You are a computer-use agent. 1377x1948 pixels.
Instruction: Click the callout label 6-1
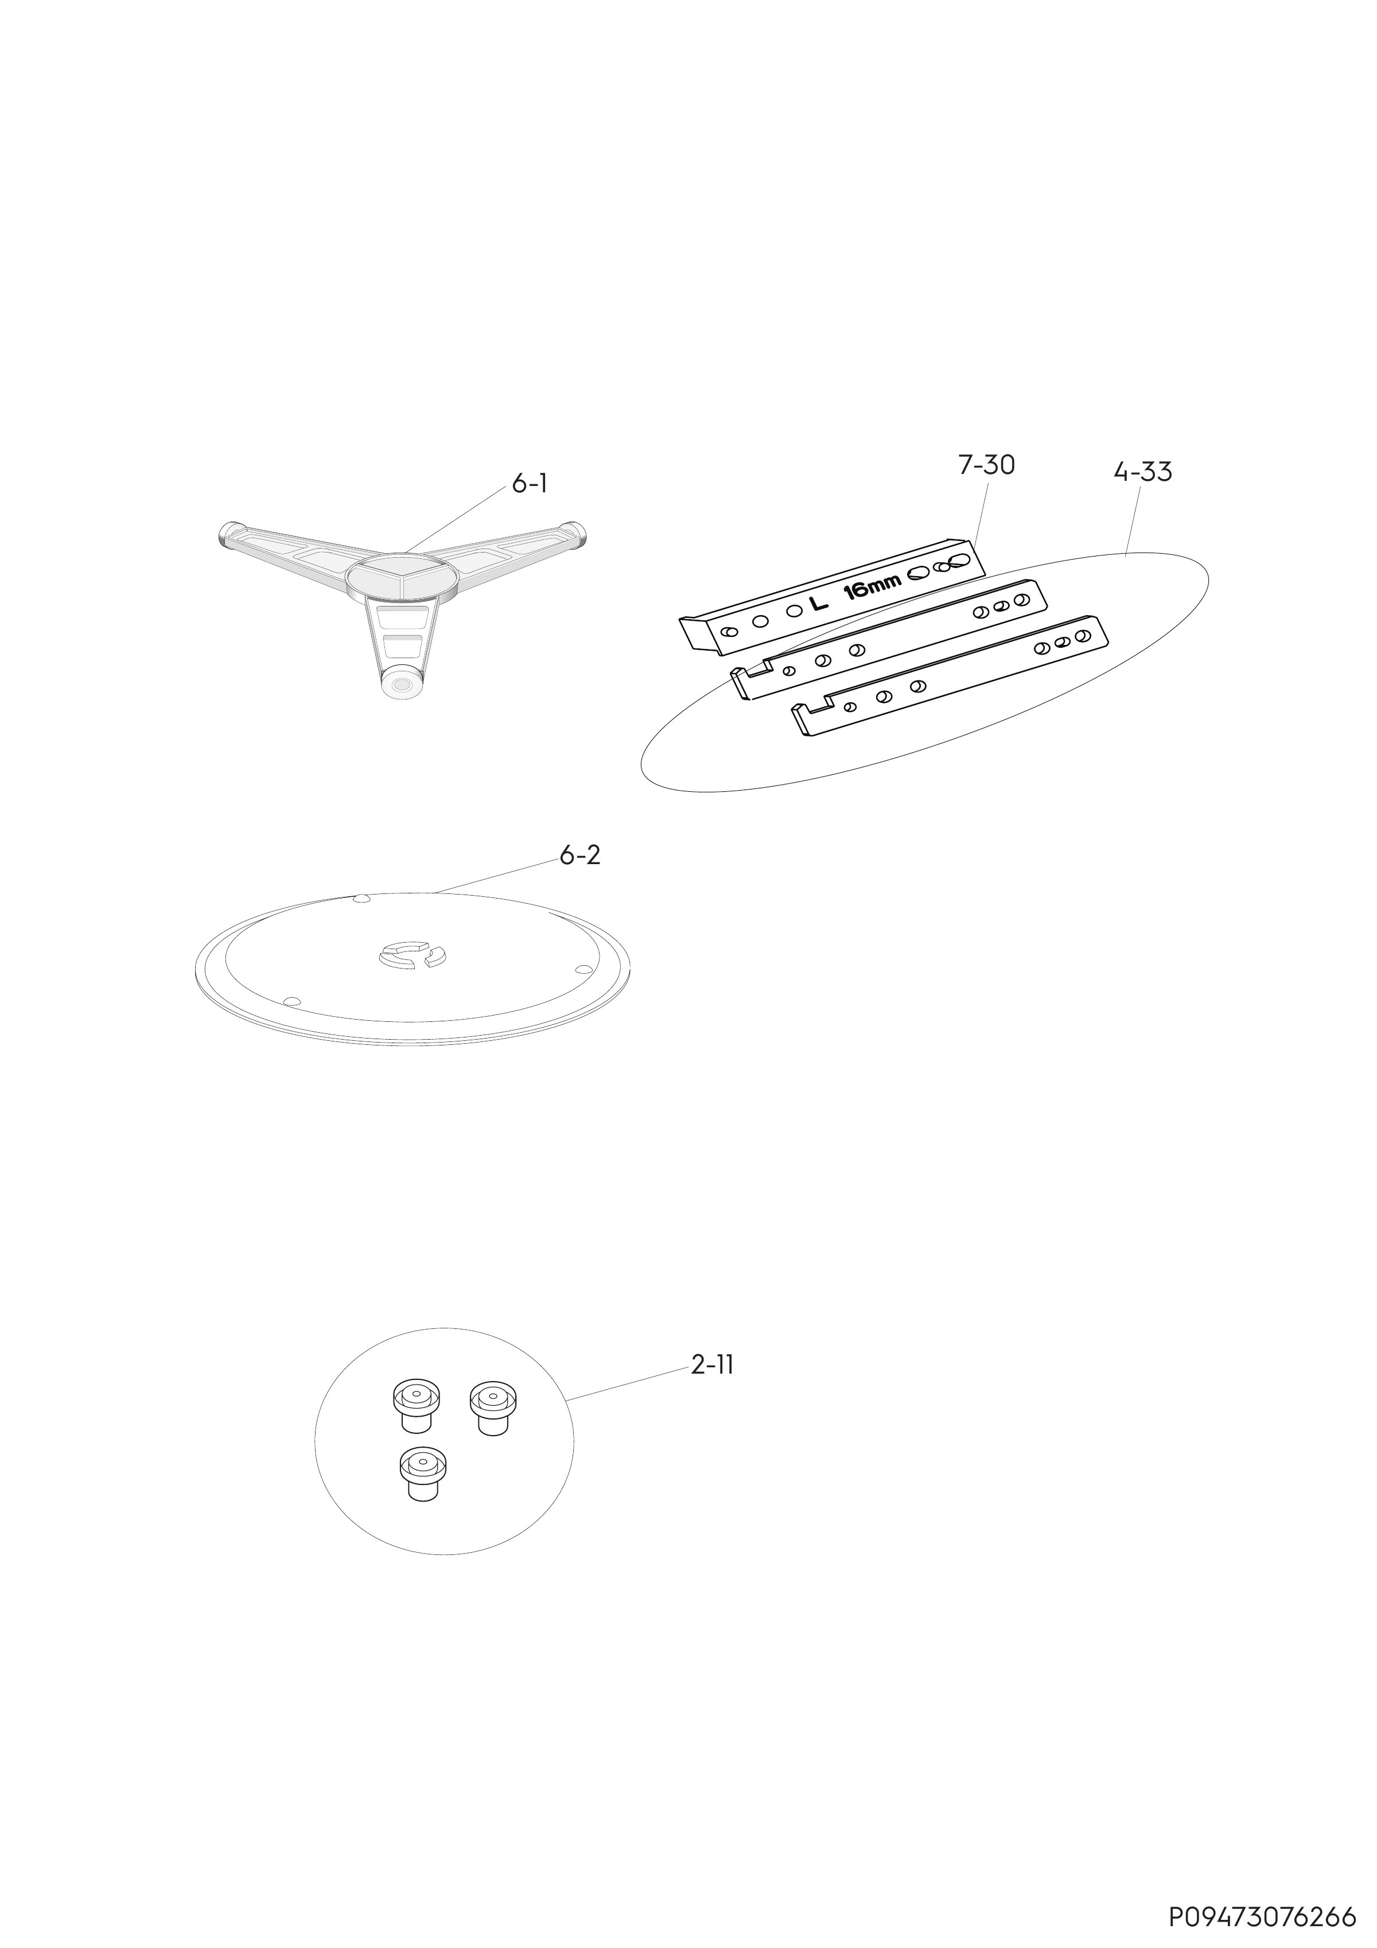530,484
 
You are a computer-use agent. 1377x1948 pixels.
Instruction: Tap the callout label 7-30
987,465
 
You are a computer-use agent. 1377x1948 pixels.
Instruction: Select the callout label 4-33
1143,472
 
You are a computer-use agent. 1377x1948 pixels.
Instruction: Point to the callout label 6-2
580,855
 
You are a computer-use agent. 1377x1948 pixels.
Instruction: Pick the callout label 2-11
713,1365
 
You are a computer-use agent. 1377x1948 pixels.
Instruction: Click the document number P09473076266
1262,1918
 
